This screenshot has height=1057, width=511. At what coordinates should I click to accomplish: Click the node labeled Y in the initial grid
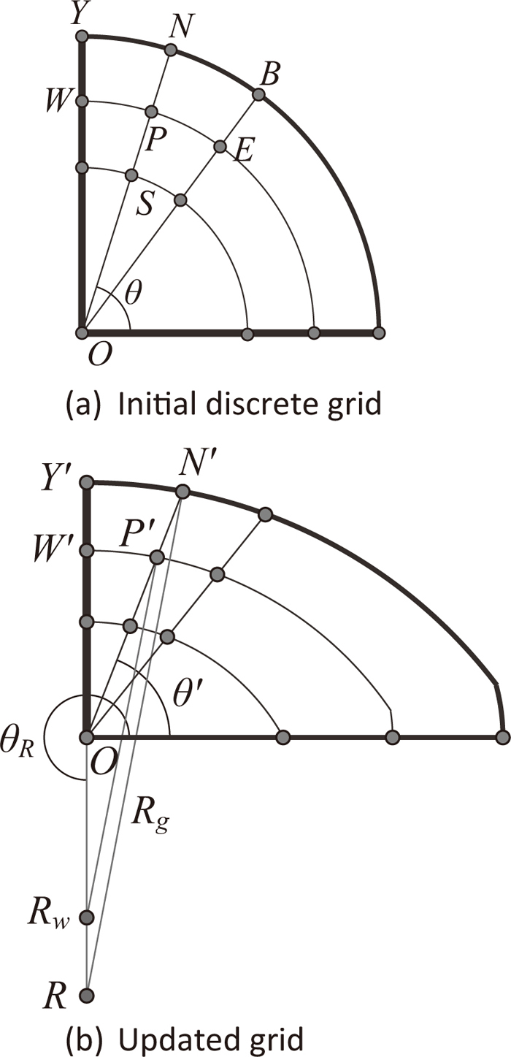(x=82, y=36)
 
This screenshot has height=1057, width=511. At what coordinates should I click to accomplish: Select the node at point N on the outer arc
(x=170, y=50)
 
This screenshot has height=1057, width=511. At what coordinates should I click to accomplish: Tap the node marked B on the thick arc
(x=258, y=94)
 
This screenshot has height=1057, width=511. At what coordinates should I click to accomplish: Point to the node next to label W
(x=82, y=100)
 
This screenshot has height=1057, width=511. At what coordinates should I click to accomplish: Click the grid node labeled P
(x=151, y=112)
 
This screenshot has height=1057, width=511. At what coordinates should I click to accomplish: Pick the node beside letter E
(x=220, y=147)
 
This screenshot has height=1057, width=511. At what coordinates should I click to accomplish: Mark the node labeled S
(x=131, y=175)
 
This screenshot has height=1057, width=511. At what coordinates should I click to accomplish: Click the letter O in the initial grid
(x=95, y=356)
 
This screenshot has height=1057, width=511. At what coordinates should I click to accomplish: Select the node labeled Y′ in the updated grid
(x=87, y=481)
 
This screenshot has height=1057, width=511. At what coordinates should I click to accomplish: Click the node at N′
(x=182, y=491)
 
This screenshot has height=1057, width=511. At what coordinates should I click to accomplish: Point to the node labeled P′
(x=156, y=558)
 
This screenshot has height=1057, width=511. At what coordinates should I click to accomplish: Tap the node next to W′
(x=87, y=549)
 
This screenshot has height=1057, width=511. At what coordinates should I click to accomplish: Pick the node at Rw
(x=87, y=917)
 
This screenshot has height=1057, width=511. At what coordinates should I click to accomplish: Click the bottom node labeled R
(x=87, y=994)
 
